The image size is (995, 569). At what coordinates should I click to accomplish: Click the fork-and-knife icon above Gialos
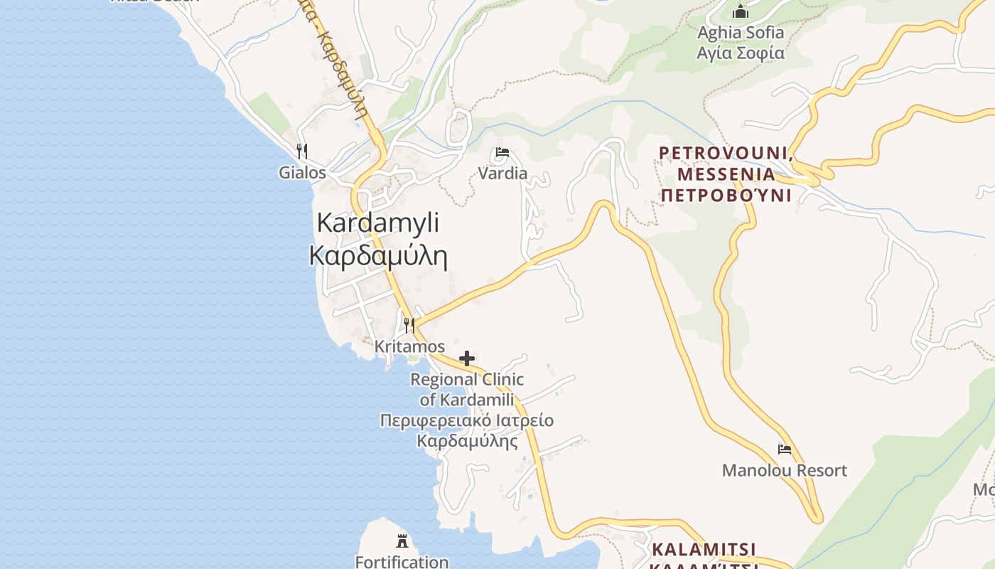[302, 151]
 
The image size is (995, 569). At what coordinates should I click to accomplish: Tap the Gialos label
[302, 173]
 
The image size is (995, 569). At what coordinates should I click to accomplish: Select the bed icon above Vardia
[502, 152]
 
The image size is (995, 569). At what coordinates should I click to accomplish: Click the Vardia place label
[502, 174]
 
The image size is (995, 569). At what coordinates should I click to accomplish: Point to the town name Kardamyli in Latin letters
[378, 223]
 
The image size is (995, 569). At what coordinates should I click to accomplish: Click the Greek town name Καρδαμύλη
[378, 256]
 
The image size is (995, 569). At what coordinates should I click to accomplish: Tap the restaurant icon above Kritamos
[409, 326]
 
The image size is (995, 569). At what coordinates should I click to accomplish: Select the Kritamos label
[409, 347]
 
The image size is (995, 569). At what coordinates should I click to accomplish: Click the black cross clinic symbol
[467, 358]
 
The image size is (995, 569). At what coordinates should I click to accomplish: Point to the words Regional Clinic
[467, 380]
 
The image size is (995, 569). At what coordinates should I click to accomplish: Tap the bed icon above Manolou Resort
[785, 449]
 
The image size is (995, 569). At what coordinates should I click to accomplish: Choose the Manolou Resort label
[785, 470]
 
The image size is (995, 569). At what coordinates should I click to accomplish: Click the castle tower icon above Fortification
[402, 541]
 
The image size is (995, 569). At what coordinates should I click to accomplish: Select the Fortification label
[402, 562]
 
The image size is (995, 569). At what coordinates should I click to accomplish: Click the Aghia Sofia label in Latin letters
[741, 33]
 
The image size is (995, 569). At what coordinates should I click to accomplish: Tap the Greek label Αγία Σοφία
[741, 53]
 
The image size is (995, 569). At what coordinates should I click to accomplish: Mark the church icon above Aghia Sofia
[741, 11]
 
